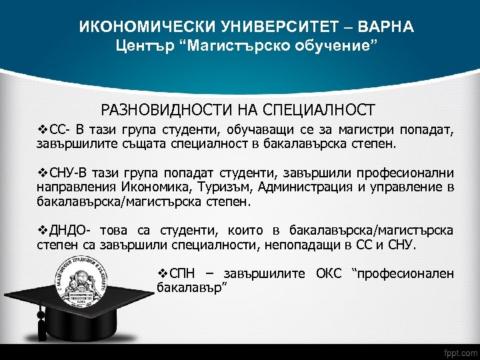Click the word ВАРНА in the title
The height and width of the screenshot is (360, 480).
[386, 27]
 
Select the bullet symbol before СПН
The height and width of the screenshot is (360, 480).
[162, 273]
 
